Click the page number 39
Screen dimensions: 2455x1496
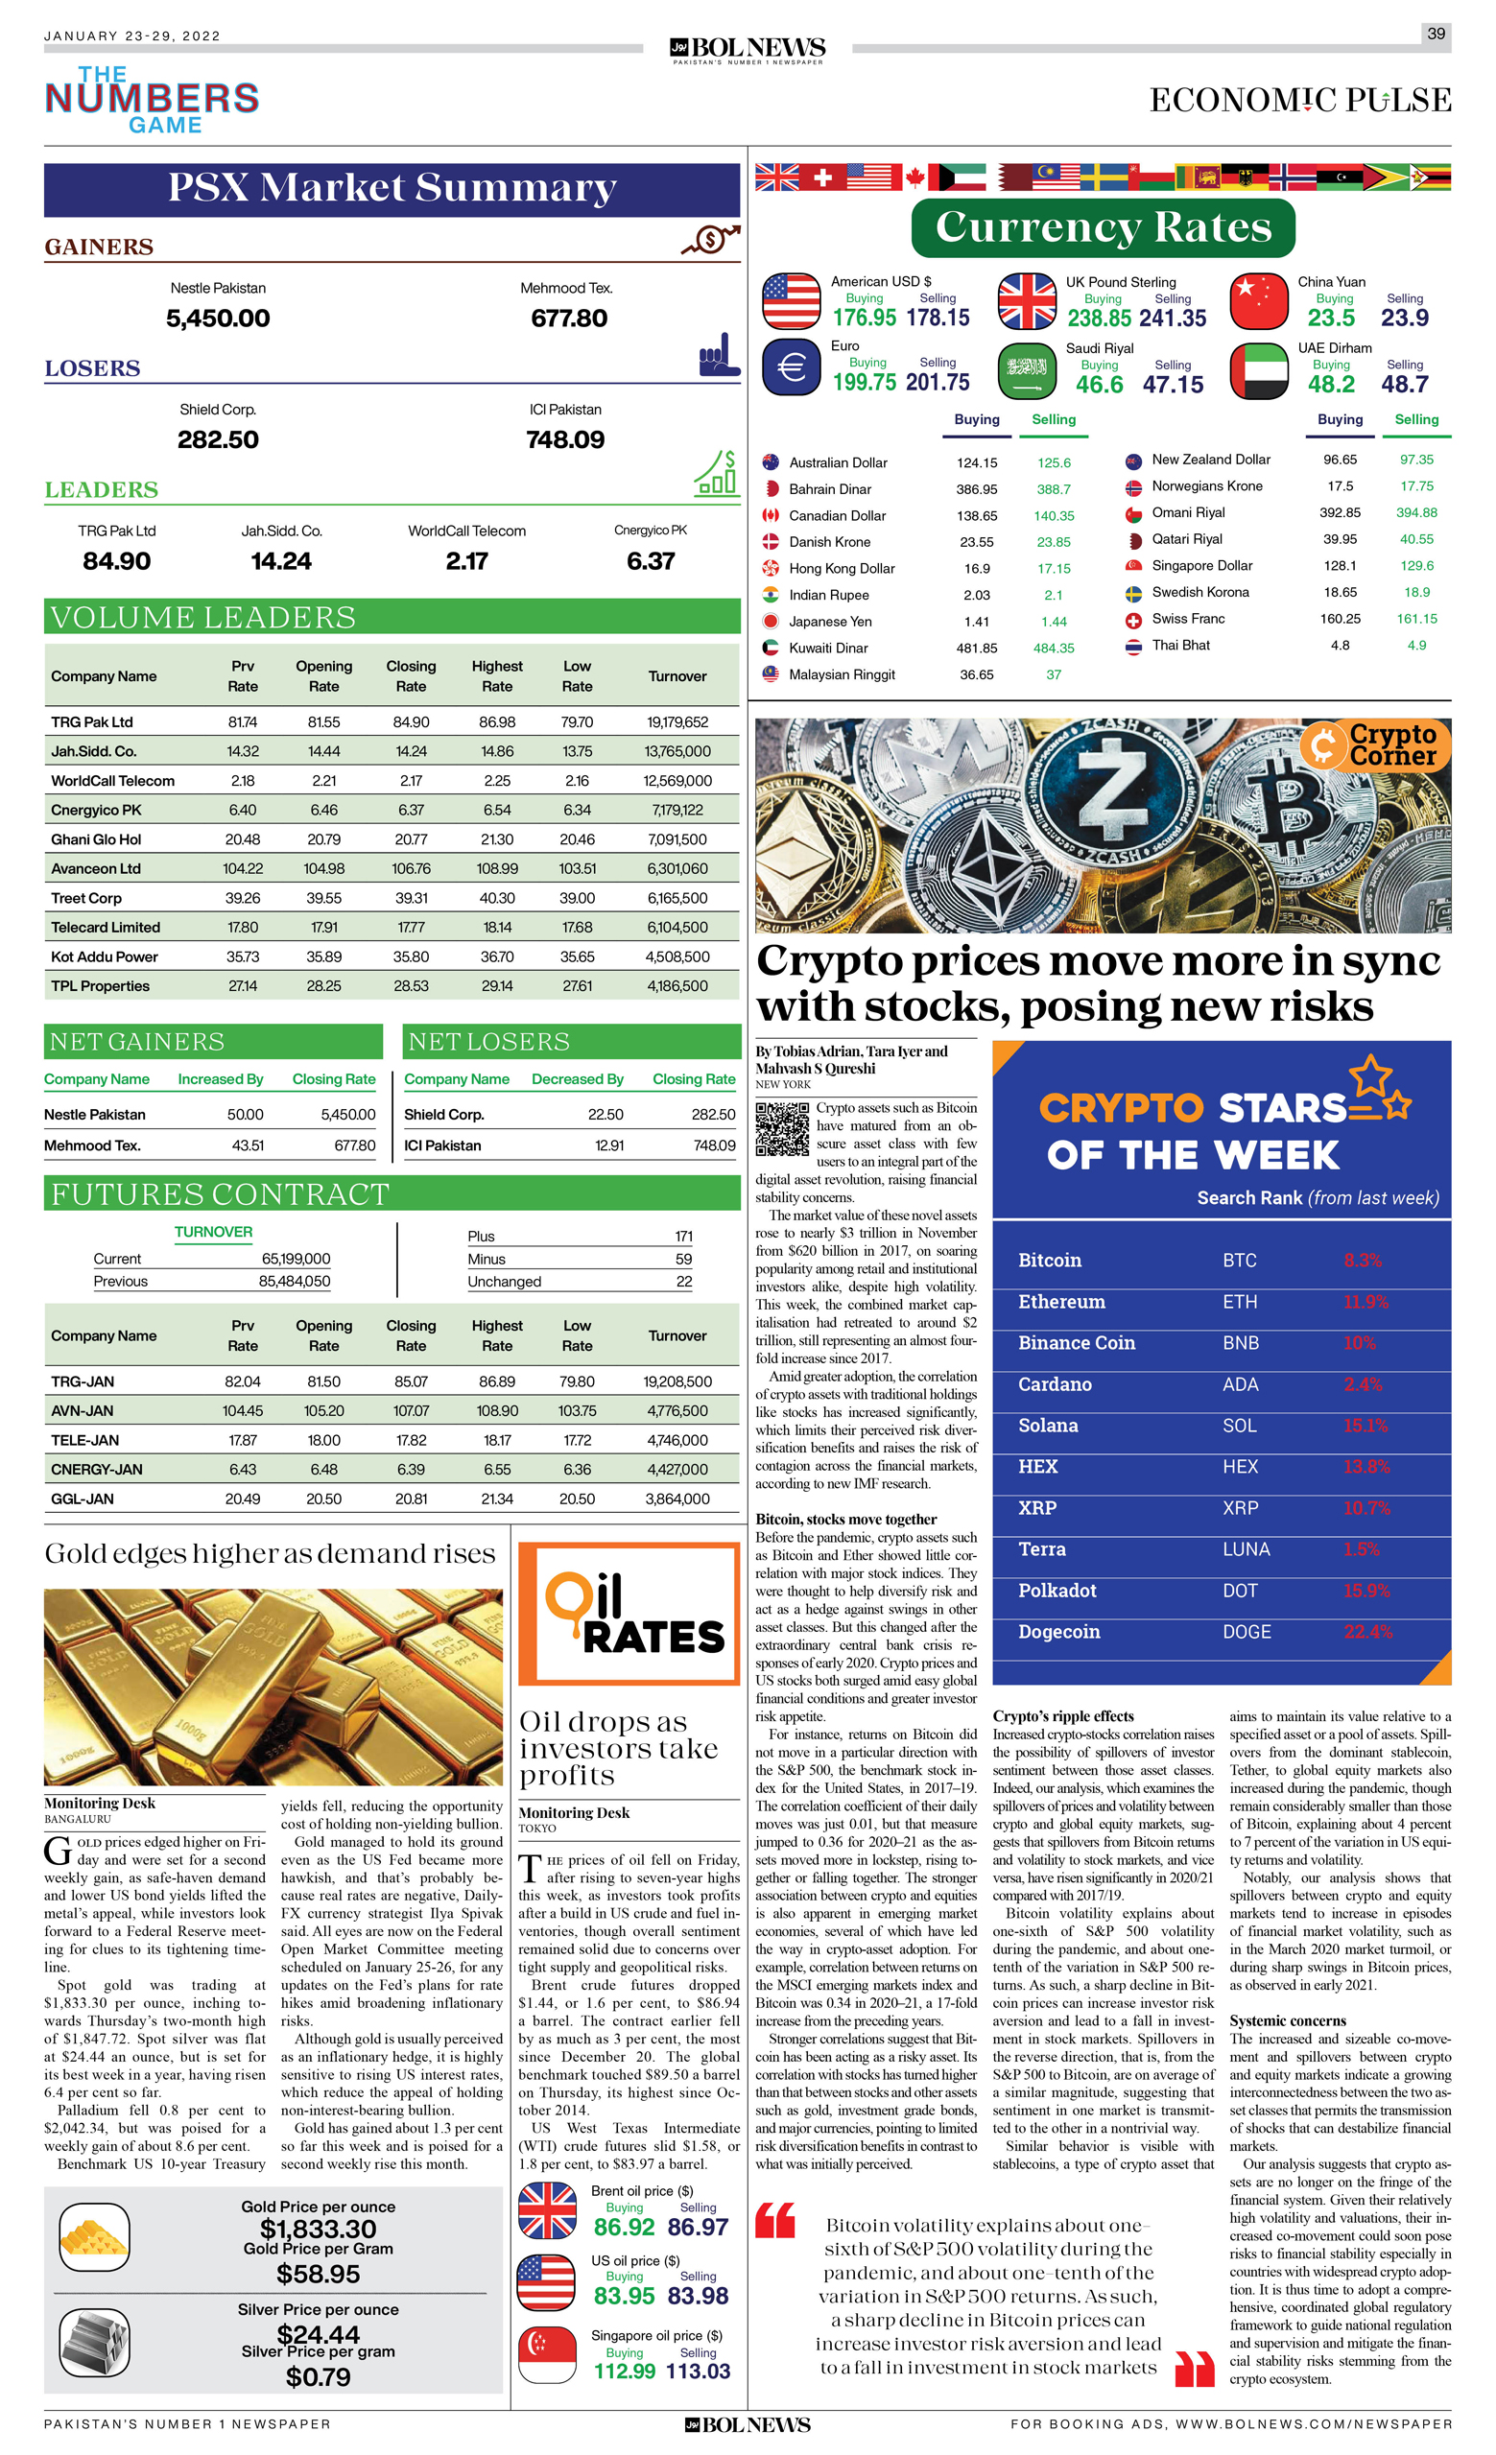click(x=1436, y=34)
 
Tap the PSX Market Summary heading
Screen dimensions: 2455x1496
click(x=392, y=188)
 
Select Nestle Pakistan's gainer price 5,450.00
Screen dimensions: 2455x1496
click(x=217, y=319)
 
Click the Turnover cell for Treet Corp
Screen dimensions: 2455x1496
click(x=677, y=898)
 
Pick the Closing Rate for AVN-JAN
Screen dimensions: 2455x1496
click(x=411, y=1411)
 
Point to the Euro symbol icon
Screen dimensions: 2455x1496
click(x=791, y=367)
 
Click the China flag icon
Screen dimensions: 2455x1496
click(x=1258, y=301)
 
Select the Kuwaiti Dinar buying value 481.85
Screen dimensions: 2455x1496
click(x=976, y=648)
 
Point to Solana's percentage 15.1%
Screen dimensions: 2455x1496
click(x=1365, y=1426)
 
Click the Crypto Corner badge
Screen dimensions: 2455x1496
click(x=1374, y=744)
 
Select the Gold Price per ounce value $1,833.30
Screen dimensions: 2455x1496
click(x=318, y=2229)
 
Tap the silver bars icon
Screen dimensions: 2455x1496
click(x=94, y=2343)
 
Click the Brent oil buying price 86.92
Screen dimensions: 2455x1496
click(x=624, y=2227)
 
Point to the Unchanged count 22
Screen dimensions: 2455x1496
click(x=684, y=1282)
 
